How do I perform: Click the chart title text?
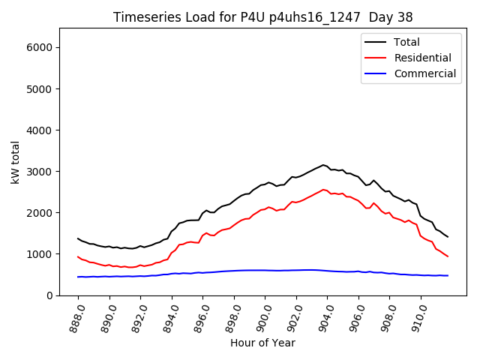click(262, 16)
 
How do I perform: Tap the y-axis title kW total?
click(16, 162)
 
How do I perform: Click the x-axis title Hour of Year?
click(262, 343)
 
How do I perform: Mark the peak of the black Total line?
click(323, 165)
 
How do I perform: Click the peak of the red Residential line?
click(323, 190)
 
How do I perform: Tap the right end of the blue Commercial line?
click(448, 276)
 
